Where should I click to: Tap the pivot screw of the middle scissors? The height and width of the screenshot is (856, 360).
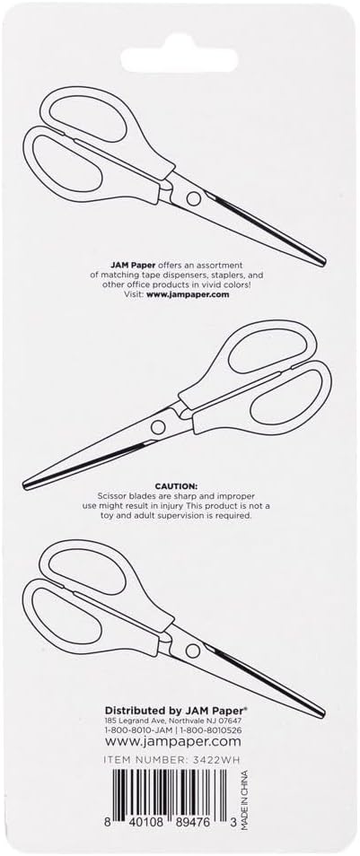(x=162, y=401)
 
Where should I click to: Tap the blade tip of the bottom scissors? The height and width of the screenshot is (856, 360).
(x=321, y=712)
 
